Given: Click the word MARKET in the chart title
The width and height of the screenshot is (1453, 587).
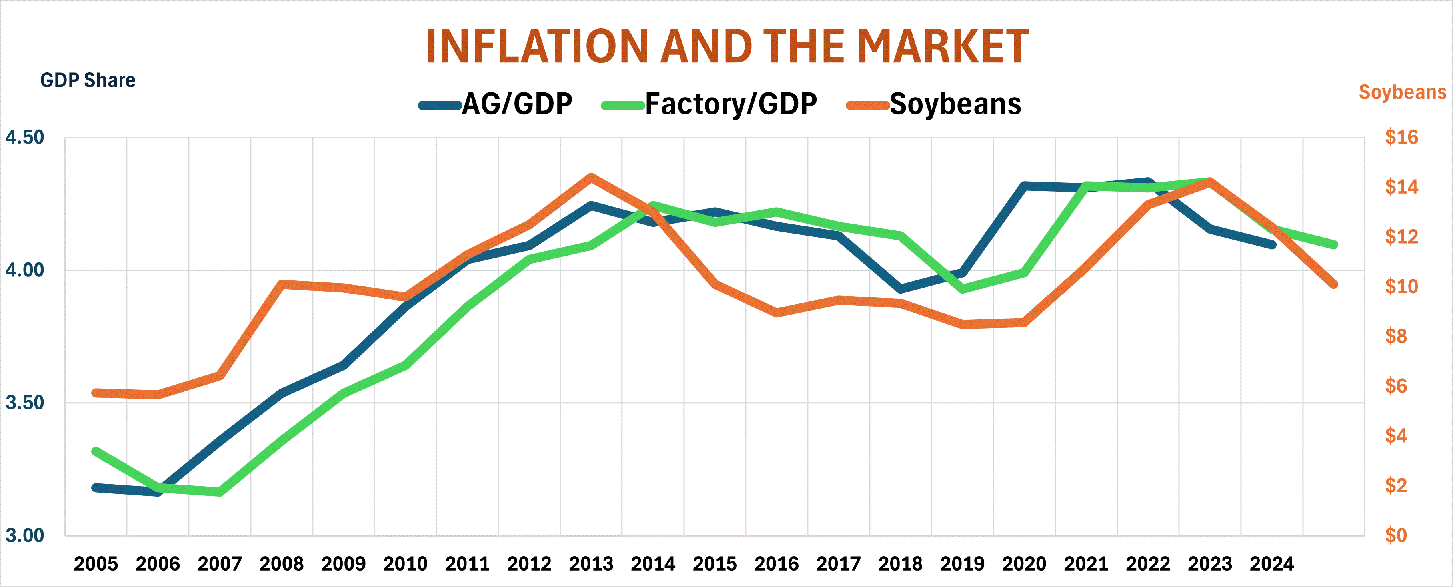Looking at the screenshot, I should coord(943,46).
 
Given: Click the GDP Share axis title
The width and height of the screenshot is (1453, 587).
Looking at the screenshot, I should coord(88,80).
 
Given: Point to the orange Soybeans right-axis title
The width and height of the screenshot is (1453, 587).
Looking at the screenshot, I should coord(1402,92).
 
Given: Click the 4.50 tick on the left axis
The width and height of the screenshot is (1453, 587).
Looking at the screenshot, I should coord(24,137).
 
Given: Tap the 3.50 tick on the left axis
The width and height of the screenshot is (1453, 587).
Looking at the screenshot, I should coord(24,403).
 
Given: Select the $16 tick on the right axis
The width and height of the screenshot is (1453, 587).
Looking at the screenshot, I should coord(1401,137).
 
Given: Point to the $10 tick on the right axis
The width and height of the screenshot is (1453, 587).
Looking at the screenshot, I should coord(1401,286).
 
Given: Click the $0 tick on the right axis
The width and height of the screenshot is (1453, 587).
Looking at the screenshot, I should coord(1396,535).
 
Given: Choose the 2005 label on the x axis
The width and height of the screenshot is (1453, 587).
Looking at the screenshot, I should coord(96,563).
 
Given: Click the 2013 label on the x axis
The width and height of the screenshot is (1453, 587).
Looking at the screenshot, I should coord(591,563).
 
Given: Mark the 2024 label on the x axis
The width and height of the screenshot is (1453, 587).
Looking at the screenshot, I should coord(1271,563).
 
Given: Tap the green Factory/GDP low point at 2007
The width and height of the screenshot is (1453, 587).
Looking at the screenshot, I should coord(220,492).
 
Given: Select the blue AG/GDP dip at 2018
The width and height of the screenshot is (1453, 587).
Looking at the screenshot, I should coord(900,289).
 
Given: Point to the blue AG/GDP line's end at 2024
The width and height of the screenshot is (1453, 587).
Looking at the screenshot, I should coord(1273,244).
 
